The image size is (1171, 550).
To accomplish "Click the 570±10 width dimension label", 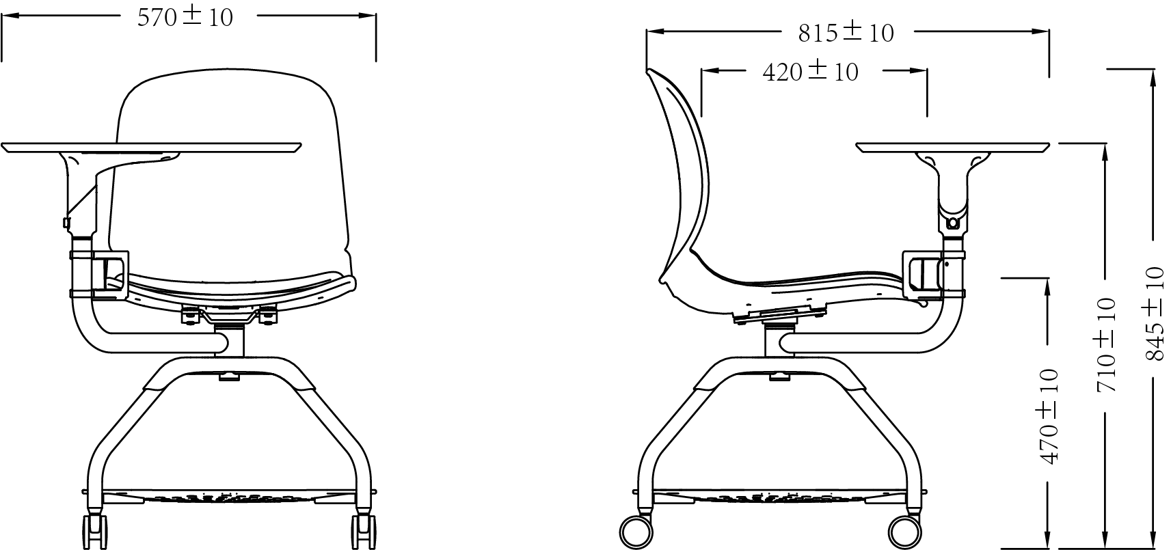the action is [x=185, y=17].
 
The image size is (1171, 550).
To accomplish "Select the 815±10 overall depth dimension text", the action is [x=846, y=33].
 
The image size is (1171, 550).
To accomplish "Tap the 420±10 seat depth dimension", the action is [x=810, y=72].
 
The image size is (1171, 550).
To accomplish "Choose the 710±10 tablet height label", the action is [x=1105, y=345].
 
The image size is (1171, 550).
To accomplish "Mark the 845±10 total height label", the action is [x=1155, y=314].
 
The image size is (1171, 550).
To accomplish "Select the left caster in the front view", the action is [x=94, y=531].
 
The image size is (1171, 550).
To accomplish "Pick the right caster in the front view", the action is [x=363, y=531].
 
